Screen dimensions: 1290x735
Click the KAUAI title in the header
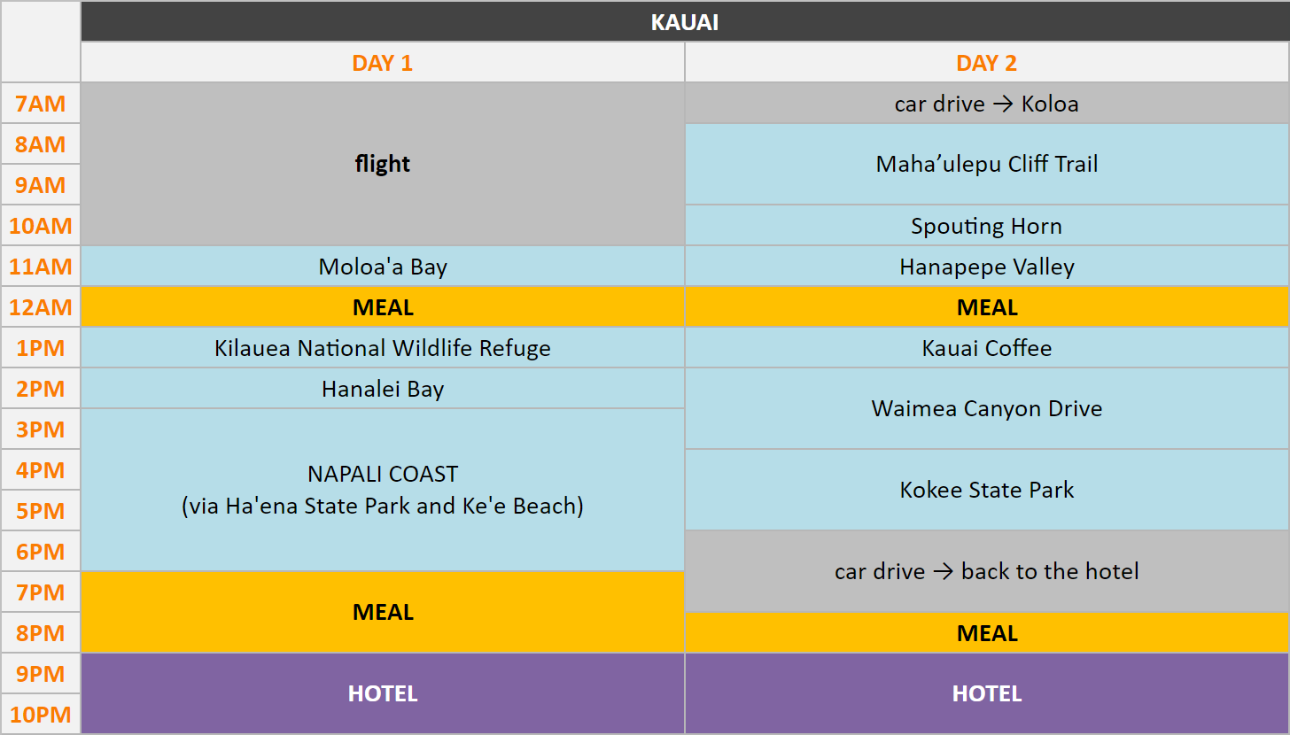685,22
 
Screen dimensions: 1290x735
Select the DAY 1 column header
383,63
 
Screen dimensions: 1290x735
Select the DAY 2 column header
986,63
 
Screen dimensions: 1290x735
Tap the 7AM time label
41,104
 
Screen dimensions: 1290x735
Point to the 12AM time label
41,307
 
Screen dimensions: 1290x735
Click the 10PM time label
41,715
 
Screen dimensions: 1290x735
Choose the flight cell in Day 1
383,164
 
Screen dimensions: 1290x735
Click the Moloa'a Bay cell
383,267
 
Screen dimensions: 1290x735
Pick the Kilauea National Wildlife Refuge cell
383,348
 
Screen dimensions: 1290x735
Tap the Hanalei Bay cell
383,389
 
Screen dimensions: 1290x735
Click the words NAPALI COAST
383,474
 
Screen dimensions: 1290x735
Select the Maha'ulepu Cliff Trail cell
986,164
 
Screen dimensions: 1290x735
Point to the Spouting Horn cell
986,226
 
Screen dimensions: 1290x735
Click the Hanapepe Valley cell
986,267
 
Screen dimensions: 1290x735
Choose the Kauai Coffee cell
986,348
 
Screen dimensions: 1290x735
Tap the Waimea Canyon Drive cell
986,408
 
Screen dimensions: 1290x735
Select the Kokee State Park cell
986,490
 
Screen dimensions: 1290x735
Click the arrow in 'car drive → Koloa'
1003,104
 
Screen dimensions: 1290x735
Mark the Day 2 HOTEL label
986,693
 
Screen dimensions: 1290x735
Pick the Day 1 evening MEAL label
383,612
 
